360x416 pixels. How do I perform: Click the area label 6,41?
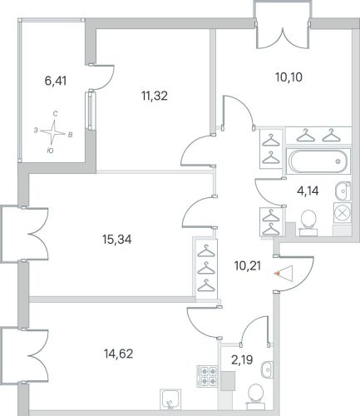(x=56, y=81)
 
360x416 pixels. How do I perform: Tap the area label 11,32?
(x=155, y=96)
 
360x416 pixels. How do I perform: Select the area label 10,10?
(x=288, y=77)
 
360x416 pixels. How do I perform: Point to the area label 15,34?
(x=117, y=239)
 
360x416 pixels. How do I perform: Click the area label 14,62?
(x=119, y=354)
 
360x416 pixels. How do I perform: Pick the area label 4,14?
(x=308, y=191)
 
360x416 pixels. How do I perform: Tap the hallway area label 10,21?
(x=248, y=266)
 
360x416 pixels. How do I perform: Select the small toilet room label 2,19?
(x=242, y=360)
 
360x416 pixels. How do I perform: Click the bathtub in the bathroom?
(x=318, y=161)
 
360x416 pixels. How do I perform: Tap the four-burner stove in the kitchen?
(x=207, y=376)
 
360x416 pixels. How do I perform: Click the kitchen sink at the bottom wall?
(x=170, y=399)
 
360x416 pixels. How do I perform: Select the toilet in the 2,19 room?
(x=256, y=396)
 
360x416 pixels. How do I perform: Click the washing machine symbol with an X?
(x=343, y=213)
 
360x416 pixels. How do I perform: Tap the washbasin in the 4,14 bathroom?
(x=343, y=191)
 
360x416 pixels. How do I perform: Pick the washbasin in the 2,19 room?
(x=267, y=369)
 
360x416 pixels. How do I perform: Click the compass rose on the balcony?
(x=53, y=132)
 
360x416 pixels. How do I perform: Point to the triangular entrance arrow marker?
(x=284, y=274)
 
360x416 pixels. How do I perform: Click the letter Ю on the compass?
(x=50, y=151)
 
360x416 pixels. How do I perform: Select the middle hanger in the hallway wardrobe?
(x=207, y=267)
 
